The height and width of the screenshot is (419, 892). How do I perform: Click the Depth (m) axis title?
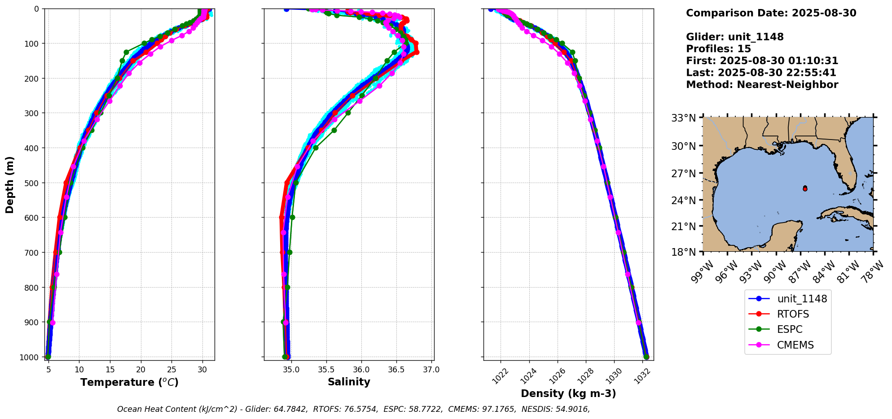[x=10, y=184]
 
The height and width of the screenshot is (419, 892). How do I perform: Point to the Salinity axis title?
[x=349, y=382]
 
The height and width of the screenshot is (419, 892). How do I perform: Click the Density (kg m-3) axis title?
[x=568, y=393]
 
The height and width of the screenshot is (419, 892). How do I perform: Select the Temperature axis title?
[x=129, y=382]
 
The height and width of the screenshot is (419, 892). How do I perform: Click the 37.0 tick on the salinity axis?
[x=431, y=370]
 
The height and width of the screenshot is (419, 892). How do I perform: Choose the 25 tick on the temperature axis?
[x=171, y=370]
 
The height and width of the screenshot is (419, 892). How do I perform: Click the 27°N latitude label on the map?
[x=683, y=173]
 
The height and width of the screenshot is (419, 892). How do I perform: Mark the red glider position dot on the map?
[x=805, y=189]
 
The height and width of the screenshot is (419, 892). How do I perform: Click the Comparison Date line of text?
[x=771, y=13]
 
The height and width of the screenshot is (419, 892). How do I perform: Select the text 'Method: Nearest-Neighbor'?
[x=762, y=85]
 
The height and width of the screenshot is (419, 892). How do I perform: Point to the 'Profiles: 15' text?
[x=718, y=49]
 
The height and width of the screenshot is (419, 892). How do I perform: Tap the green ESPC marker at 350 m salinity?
[x=334, y=130]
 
